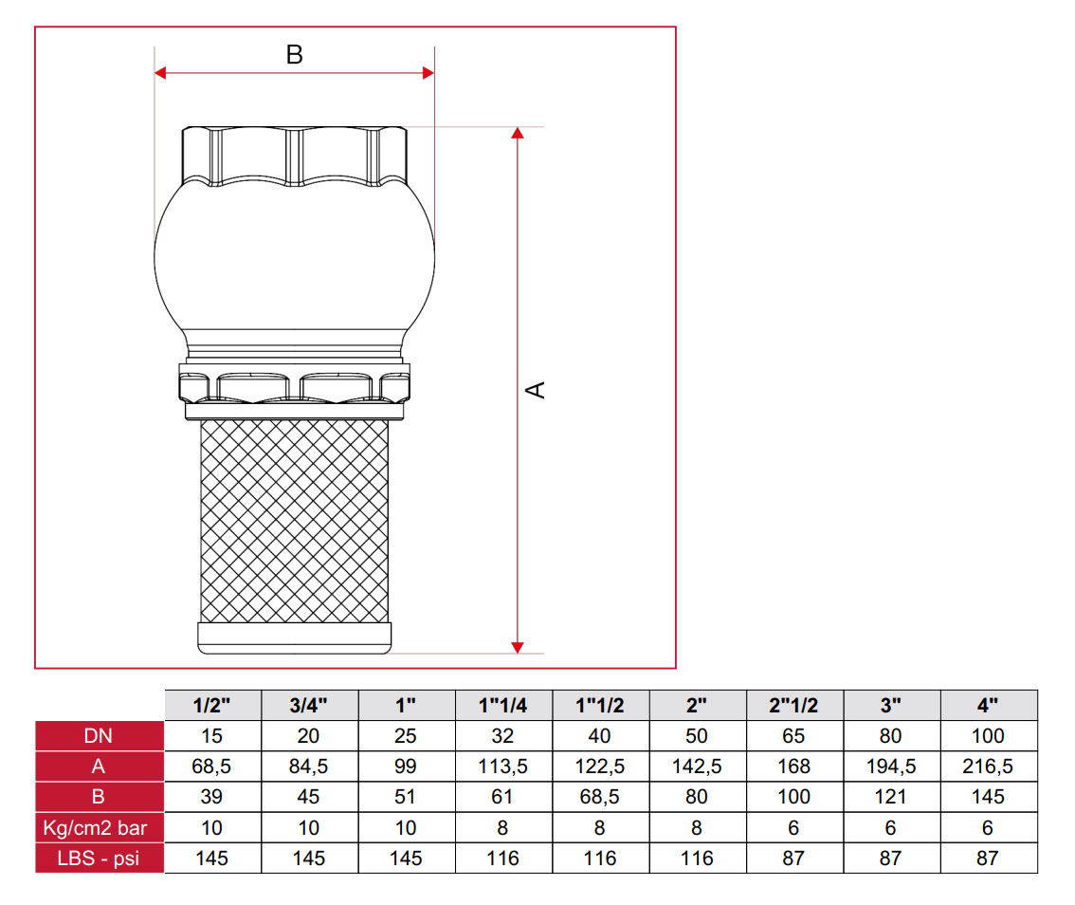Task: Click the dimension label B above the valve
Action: coord(295,55)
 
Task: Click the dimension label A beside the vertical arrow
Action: coord(537,389)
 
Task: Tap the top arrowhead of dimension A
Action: coord(518,134)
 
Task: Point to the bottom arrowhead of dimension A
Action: coord(518,646)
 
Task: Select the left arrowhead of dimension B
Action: coord(161,73)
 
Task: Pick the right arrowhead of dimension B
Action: coord(428,73)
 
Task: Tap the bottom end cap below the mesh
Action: coord(295,637)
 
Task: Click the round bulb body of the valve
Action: coord(295,256)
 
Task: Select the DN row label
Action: coord(99,736)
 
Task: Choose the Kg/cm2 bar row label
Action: coord(99,828)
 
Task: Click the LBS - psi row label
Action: coord(99,859)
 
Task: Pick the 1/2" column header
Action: coord(212,705)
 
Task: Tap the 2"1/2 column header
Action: coord(794,705)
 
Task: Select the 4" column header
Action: coord(988,705)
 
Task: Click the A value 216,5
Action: coord(988,766)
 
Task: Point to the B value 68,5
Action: coord(600,798)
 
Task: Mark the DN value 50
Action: coord(697,736)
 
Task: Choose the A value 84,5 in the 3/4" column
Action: coord(309,766)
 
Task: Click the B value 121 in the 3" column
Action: coord(891,798)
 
